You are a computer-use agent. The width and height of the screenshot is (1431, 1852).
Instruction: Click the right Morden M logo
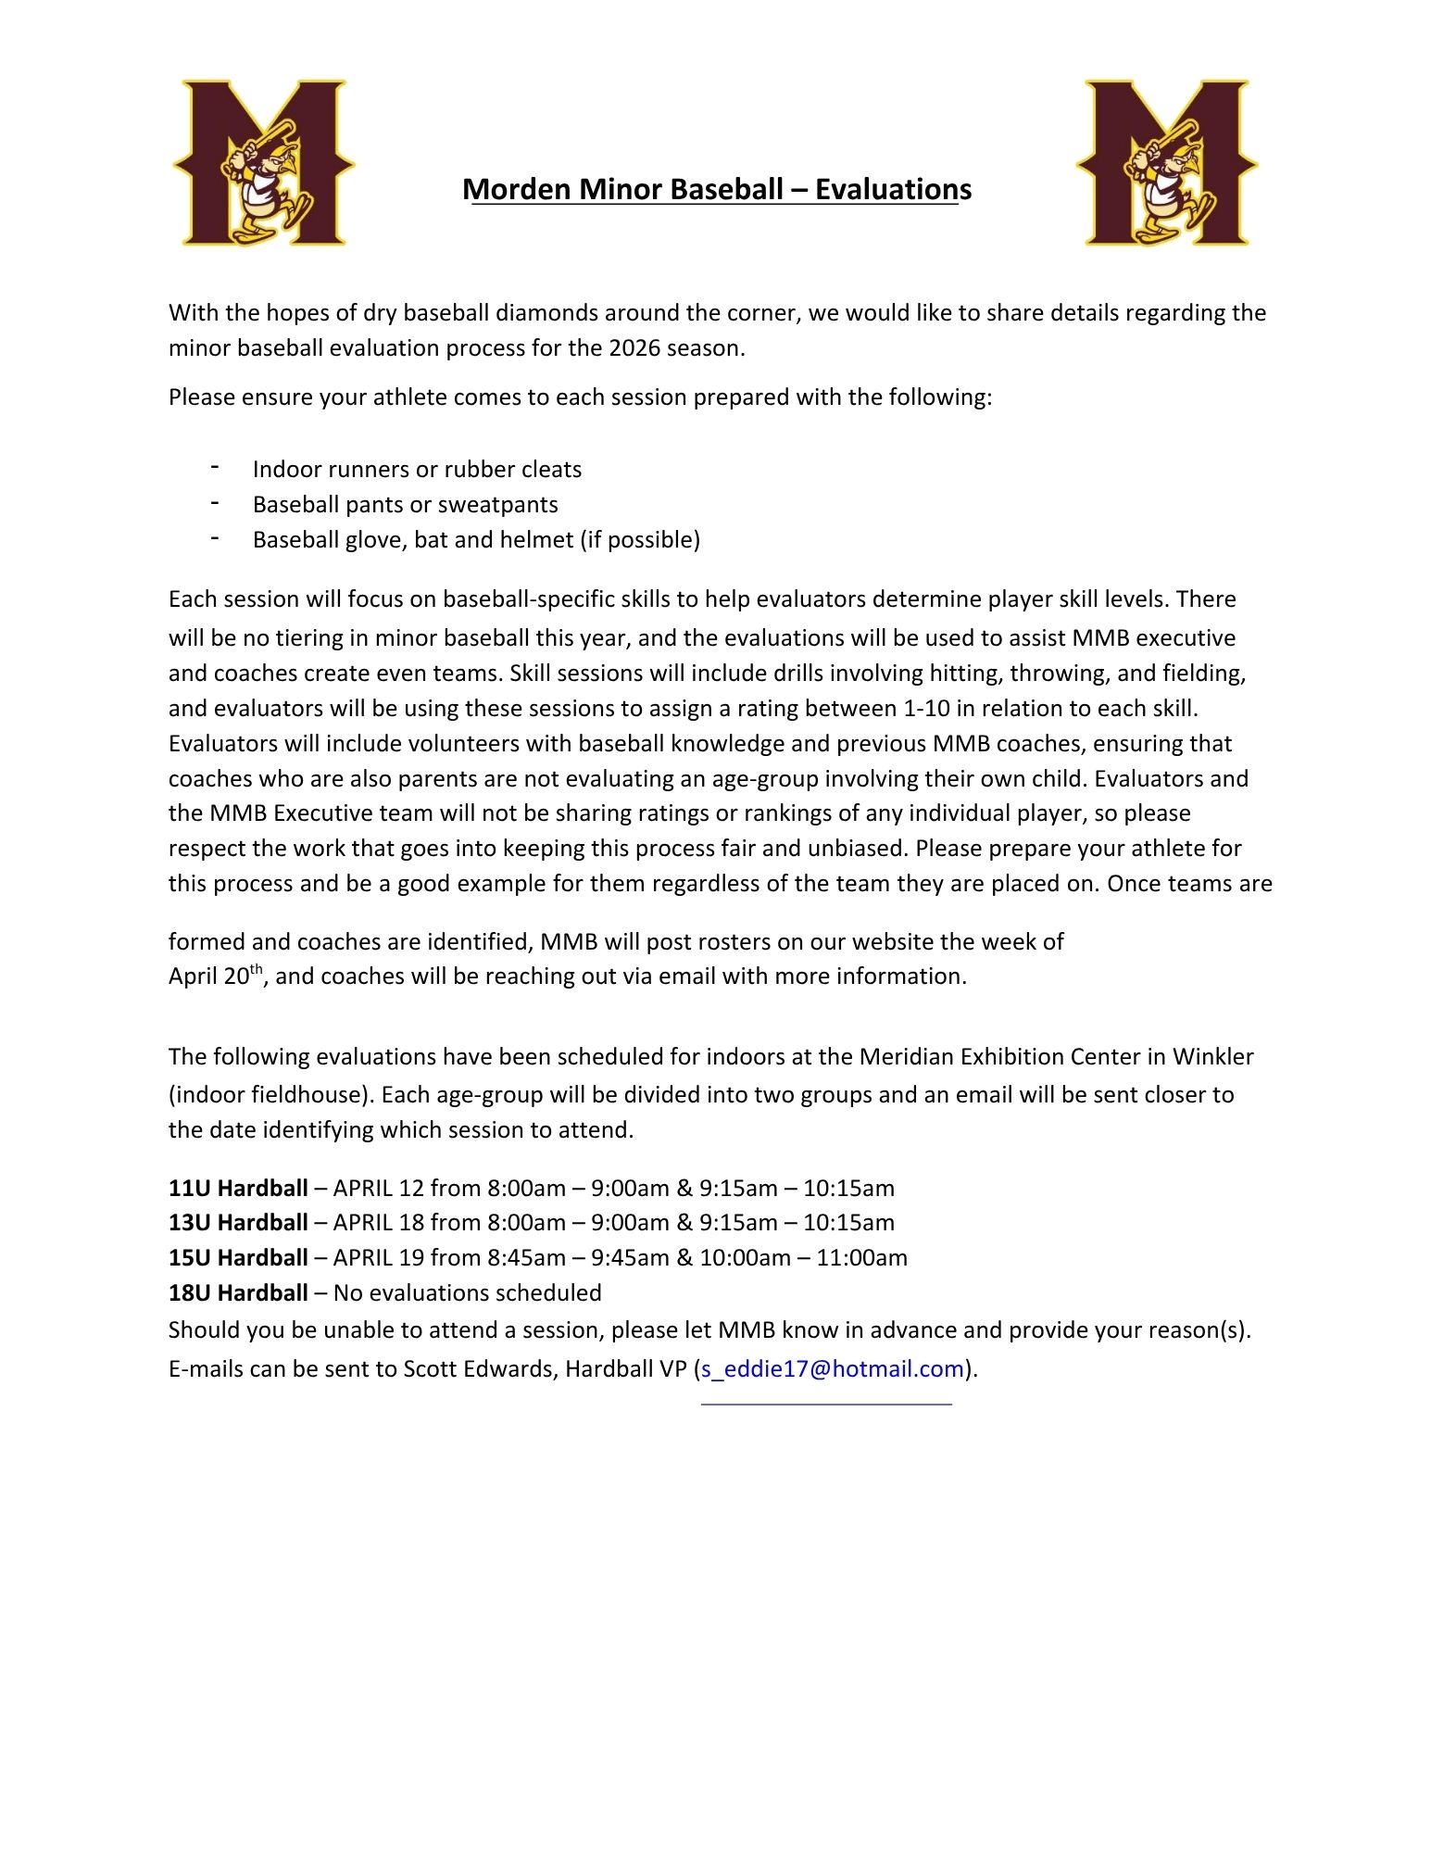click(1167, 163)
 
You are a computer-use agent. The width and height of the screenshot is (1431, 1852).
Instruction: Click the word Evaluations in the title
click(893, 189)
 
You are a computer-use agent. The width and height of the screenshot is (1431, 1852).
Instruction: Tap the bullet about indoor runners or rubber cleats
click(417, 470)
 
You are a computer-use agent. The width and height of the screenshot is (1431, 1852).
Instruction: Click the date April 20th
click(217, 976)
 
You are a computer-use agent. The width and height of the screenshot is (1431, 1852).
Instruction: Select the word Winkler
click(1212, 1057)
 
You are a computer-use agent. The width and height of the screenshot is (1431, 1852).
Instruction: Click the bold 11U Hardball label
click(238, 1189)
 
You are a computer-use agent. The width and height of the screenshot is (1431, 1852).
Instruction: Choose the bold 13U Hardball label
click(238, 1223)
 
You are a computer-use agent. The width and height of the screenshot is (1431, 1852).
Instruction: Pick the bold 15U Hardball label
click(238, 1258)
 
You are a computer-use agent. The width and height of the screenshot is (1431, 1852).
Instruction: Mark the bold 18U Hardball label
click(238, 1293)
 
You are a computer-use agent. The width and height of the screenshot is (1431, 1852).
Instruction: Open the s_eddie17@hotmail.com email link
click(833, 1369)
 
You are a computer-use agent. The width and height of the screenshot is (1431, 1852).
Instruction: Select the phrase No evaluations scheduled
click(467, 1293)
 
